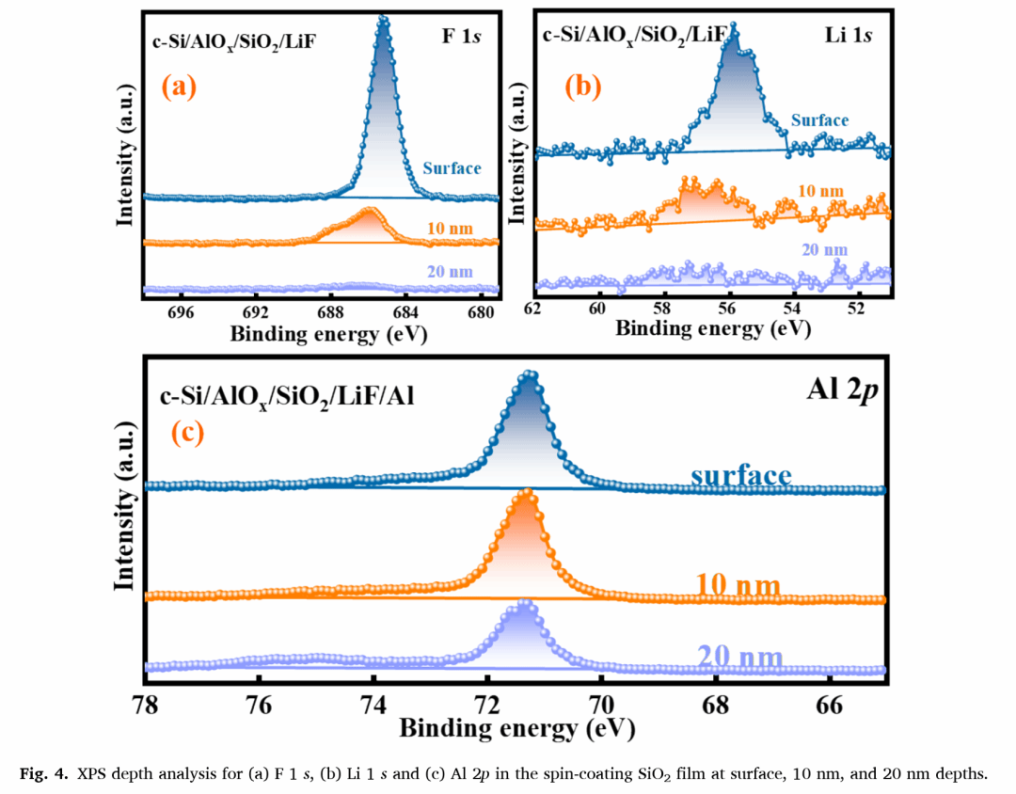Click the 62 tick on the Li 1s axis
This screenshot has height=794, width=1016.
533,309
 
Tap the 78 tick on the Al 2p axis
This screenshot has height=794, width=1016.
146,703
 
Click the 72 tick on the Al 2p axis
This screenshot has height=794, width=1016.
486,703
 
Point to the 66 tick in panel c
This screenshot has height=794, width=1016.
828,703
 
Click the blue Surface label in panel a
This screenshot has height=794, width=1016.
452,168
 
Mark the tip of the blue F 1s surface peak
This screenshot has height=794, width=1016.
383,19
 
